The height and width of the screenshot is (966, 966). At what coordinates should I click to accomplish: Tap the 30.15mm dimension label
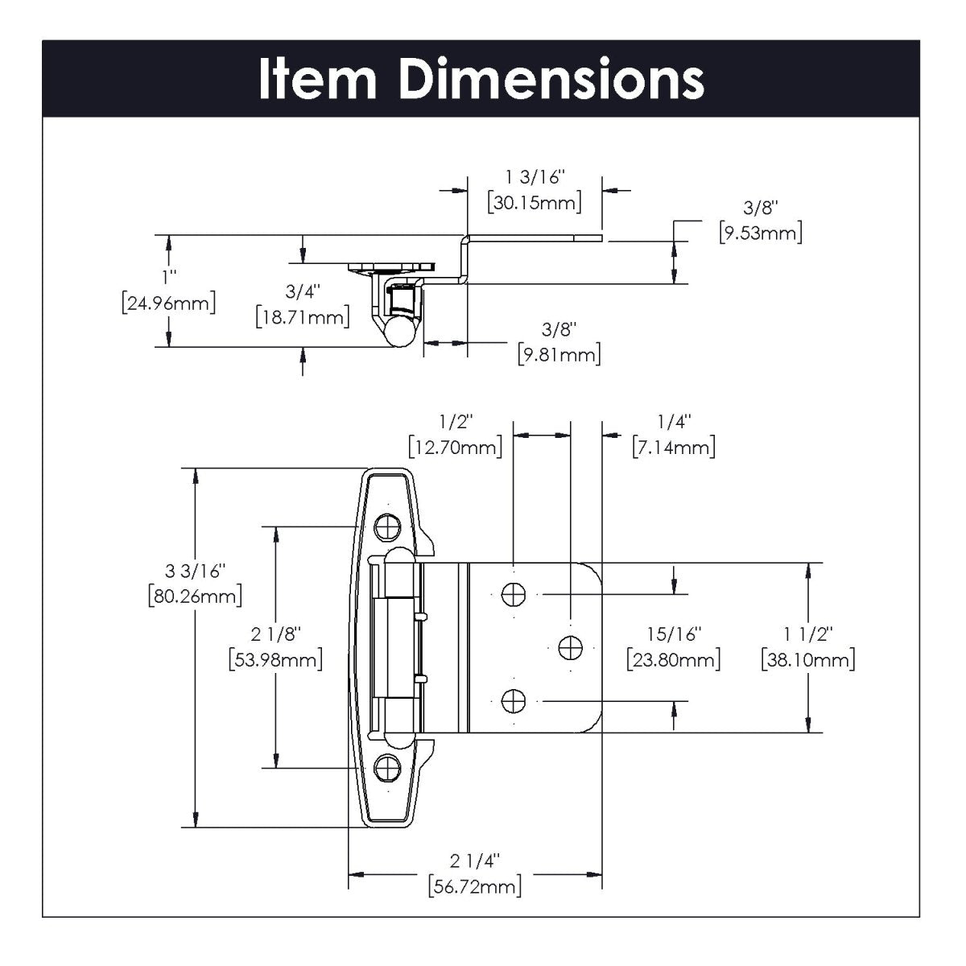click(535, 202)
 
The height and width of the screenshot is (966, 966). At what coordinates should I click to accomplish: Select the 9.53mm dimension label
click(760, 233)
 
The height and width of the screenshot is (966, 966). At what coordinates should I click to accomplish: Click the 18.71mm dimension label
click(302, 316)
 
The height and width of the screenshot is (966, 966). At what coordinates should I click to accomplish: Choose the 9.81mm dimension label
click(559, 355)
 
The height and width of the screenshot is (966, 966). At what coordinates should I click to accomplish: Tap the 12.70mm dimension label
click(456, 447)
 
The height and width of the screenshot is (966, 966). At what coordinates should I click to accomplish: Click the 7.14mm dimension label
click(674, 447)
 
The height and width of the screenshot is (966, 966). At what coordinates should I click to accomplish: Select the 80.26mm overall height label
click(196, 597)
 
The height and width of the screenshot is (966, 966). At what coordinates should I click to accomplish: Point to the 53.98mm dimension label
click(276, 659)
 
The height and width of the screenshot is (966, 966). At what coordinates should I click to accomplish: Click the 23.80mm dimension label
click(674, 660)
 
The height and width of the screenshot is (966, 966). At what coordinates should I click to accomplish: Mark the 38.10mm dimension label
click(807, 660)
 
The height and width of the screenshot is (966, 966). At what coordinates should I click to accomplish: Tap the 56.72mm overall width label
click(475, 886)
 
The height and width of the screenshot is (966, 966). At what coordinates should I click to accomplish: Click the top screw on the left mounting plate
click(388, 527)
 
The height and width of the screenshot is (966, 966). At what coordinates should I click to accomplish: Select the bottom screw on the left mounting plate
click(388, 768)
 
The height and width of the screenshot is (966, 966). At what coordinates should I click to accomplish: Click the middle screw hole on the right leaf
click(569, 646)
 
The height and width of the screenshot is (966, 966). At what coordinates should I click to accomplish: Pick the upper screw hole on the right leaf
click(513, 595)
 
